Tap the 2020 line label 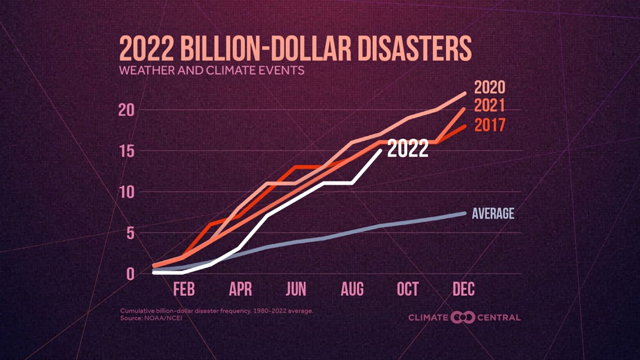pos(490,87)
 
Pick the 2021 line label pos(490,106)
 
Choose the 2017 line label pos(490,124)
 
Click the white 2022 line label pos(408,149)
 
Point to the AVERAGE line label pos(493,213)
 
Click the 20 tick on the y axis pos(126,110)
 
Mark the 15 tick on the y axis pos(126,151)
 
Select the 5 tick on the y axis pos(130,233)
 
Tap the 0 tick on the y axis pos(130,274)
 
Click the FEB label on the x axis pos(184,289)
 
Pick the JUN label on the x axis pos(296,289)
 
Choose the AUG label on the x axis pos(352,289)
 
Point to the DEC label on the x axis pos(464,289)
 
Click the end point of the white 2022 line pos(381,151)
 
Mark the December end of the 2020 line pos(464,93)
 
